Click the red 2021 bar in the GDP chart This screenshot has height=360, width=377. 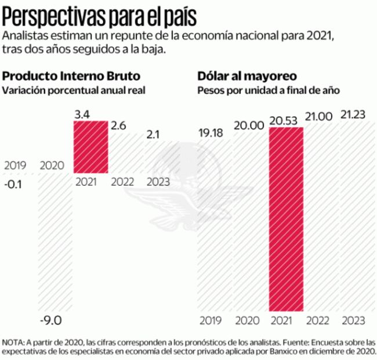tap(90, 146)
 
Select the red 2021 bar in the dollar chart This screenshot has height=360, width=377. tap(286, 219)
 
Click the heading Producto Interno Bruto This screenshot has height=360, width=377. tap(71, 77)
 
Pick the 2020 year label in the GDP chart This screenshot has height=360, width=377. tap(52, 166)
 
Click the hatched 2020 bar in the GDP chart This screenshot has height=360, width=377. tap(55, 244)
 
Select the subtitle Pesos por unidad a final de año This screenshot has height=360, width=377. tap(268, 91)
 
